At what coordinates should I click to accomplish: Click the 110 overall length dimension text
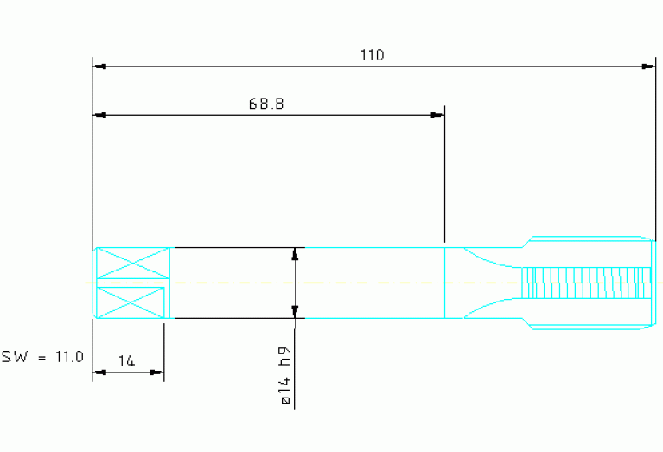click(372, 55)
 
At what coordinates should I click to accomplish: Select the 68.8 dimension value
click(266, 104)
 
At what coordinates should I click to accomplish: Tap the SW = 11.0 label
click(42, 357)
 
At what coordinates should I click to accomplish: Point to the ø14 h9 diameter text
click(285, 375)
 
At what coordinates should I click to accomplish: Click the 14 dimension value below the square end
click(126, 361)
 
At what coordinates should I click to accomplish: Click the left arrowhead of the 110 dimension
click(99, 67)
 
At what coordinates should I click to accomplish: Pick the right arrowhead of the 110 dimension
click(648, 67)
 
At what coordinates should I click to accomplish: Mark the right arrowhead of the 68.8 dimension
click(437, 115)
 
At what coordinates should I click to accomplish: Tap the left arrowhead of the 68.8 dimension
click(99, 115)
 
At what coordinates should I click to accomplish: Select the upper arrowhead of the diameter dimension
click(295, 254)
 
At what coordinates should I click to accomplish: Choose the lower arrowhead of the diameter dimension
click(295, 312)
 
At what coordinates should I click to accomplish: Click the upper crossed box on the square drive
click(133, 263)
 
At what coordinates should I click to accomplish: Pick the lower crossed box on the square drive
click(131, 302)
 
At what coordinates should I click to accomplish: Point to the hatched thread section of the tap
click(586, 283)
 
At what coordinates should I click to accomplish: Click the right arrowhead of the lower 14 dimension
click(156, 372)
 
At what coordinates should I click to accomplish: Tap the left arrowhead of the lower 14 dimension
click(99, 372)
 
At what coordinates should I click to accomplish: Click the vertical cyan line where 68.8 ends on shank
click(445, 283)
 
